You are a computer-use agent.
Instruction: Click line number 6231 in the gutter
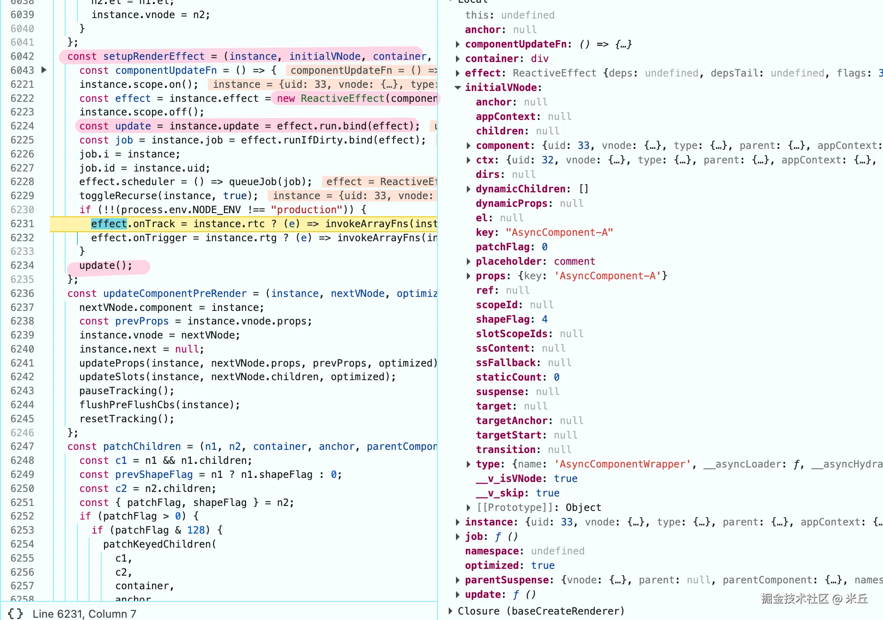[x=22, y=224]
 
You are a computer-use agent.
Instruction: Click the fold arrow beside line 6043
[x=44, y=70]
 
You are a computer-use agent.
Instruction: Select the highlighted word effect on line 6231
[x=109, y=224]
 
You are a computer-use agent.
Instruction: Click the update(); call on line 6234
[x=106, y=266]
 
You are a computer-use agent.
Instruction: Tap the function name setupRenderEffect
[x=154, y=57]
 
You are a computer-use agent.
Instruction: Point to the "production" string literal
[x=307, y=210]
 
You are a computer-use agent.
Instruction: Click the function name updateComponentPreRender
[x=175, y=294]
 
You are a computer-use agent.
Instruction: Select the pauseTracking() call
[x=127, y=391]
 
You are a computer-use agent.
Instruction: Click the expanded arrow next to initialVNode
[x=458, y=88]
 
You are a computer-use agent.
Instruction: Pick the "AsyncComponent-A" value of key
[x=559, y=233]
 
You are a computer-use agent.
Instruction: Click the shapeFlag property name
[x=503, y=320]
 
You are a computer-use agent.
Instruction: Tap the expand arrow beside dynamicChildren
[x=469, y=189]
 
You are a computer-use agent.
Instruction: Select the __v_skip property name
[x=500, y=493]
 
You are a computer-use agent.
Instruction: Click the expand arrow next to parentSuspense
[x=458, y=580]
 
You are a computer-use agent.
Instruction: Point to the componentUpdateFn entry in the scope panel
[x=516, y=44]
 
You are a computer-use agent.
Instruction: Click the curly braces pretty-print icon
[x=15, y=614]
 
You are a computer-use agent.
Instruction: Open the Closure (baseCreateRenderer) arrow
[x=451, y=611]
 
